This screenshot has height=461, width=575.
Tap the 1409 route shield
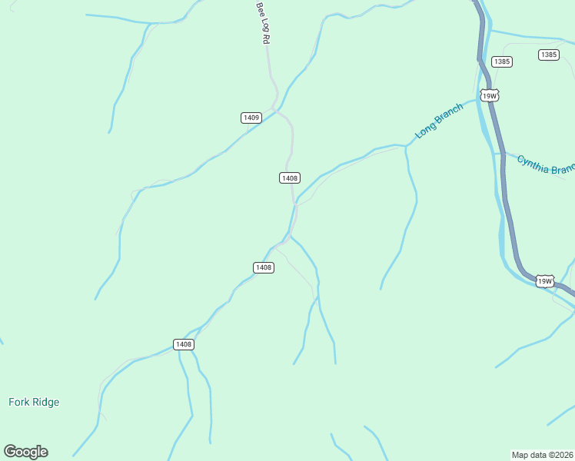pyautogui.click(x=251, y=118)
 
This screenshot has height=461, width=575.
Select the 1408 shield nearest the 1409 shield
pyautogui.click(x=289, y=178)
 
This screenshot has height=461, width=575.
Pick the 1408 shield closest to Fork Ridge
pyautogui.click(x=183, y=344)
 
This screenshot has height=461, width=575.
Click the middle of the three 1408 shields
pyautogui.click(x=263, y=267)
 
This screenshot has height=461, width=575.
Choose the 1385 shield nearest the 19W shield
pyautogui.click(x=502, y=61)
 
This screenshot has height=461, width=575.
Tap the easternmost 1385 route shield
pyautogui.click(x=548, y=55)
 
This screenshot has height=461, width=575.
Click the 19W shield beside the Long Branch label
pyautogui.click(x=490, y=95)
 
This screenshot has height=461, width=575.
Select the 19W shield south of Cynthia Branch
pyautogui.click(x=544, y=281)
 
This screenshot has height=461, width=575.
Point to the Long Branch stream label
pyautogui.click(x=439, y=121)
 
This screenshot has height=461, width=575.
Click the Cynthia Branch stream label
pyautogui.click(x=546, y=164)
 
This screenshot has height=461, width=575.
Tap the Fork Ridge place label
pyautogui.click(x=34, y=402)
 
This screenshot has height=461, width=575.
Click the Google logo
pyautogui.click(x=25, y=452)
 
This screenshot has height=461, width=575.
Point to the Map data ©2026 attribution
pyautogui.click(x=542, y=455)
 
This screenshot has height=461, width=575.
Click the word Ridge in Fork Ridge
pyautogui.click(x=45, y=402)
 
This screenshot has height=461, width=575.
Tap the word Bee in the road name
pyautogui.click(x=260, y=8)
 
